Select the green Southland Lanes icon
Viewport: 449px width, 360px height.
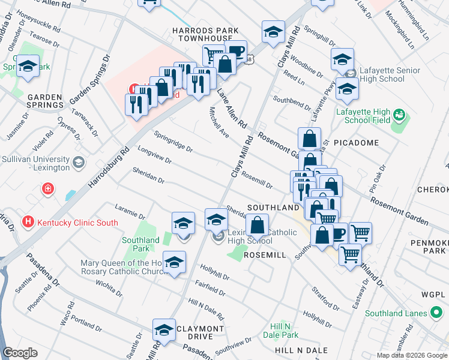(x=436, y=313)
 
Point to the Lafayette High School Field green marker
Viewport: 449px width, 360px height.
(x=397, y=114)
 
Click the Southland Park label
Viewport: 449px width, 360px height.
(x=140, y=244)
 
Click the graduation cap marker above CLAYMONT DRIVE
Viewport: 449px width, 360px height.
(x=163, y=329)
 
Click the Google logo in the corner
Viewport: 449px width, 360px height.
(x=20, y=353)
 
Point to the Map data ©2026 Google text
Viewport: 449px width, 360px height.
(x=412, y=355)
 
